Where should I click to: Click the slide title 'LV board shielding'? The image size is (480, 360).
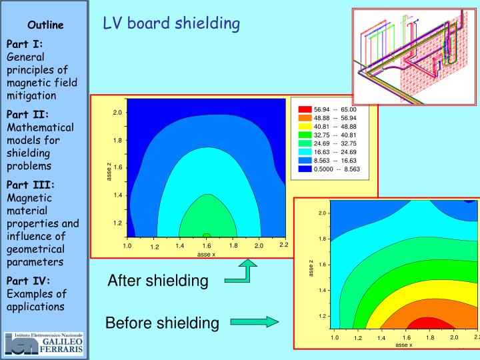point(171,23)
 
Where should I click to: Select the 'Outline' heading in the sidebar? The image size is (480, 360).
point(45,25)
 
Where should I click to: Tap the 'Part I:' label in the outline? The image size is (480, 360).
point(25,44)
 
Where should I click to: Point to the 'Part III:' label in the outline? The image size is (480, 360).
point(30,185)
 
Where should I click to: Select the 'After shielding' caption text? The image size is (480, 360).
point(158,281)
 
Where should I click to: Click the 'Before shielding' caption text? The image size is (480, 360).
point(162,323)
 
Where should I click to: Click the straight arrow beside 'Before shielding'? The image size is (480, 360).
point(254,323)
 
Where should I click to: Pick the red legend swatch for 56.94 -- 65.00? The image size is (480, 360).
point(305,110)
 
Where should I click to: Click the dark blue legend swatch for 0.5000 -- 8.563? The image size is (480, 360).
point(305,169)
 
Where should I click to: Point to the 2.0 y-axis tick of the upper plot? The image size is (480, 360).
point(117,113)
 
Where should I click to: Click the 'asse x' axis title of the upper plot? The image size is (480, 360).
point(206,254)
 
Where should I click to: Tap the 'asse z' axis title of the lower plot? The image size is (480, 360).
point(310,268)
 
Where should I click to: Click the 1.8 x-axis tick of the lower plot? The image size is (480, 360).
point(430,338)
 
